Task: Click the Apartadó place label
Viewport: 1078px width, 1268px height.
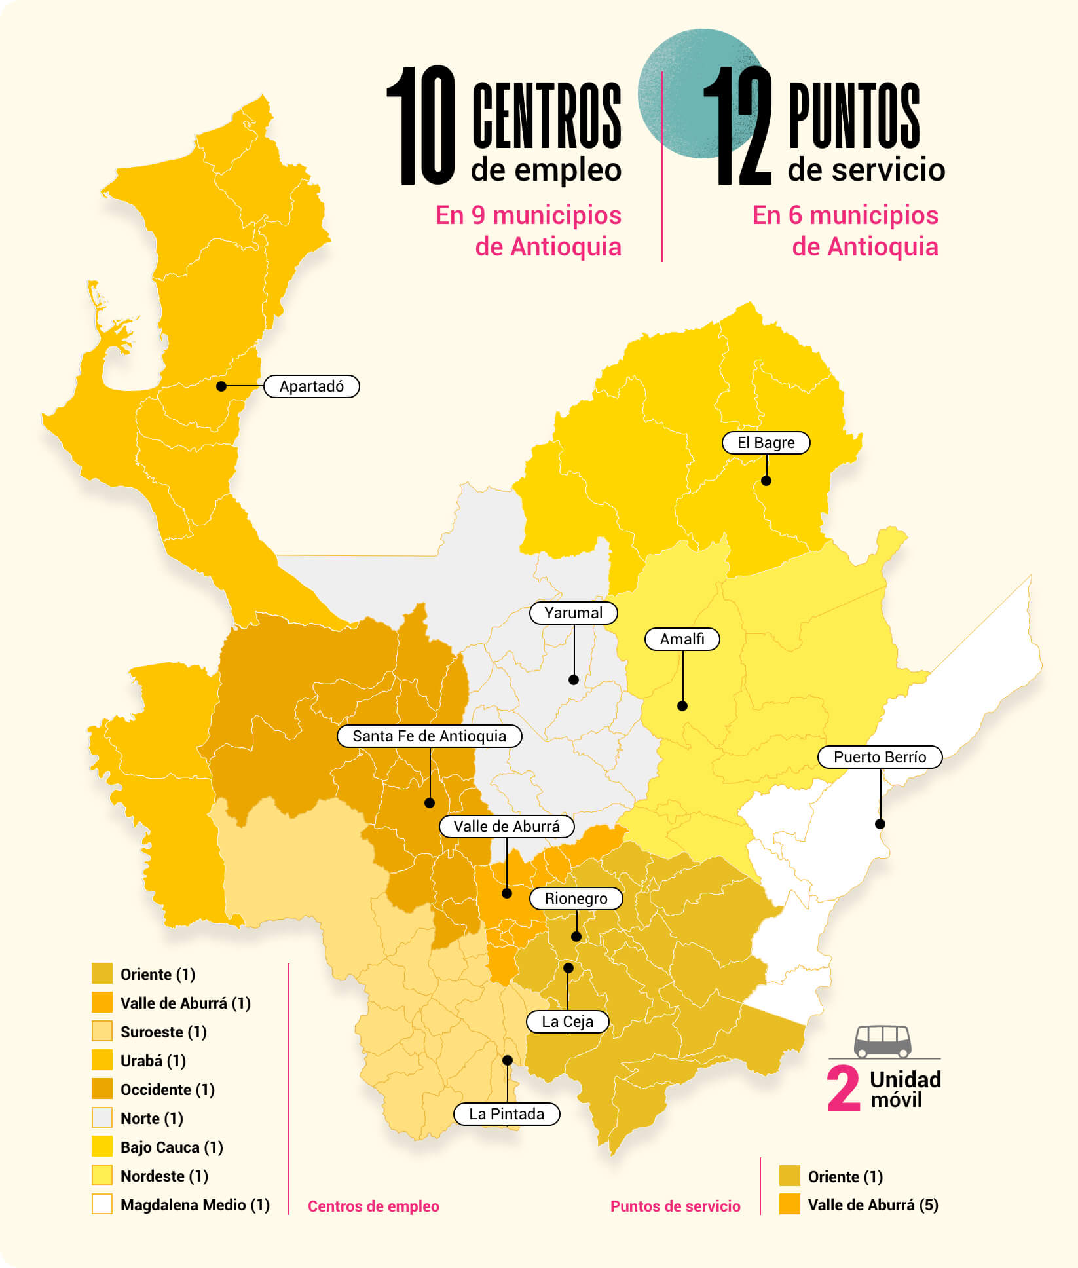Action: (x=312, y=386)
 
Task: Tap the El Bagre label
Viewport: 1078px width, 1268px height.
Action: (x=766, y=443)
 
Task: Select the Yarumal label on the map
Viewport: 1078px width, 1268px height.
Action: (x=573, y=613)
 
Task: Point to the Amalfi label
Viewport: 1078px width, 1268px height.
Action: (x=682, y=639)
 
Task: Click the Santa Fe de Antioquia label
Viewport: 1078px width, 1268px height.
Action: (x=429, y=736)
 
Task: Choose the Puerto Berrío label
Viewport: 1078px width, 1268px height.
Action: (x=880, y=757)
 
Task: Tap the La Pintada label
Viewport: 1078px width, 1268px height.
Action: (x=506, y=1114)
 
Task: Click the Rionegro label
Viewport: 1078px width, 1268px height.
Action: (x=576, y=899)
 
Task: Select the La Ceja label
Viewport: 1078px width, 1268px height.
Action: (x=567, y=1022)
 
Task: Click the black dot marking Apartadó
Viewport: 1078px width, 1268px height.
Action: (x=221, y=386)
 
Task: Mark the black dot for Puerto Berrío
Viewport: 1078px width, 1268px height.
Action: (x=880, y=824)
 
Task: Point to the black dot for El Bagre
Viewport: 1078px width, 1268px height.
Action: (x=766, y=481)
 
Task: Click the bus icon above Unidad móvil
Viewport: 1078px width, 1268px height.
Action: (x=883, y=1041)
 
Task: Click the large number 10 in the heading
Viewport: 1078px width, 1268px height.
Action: (x=422, y=126)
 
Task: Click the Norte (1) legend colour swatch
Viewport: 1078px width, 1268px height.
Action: (x=102, y=1118)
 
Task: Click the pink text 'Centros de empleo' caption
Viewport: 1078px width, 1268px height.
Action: (x=373, y=1206)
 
